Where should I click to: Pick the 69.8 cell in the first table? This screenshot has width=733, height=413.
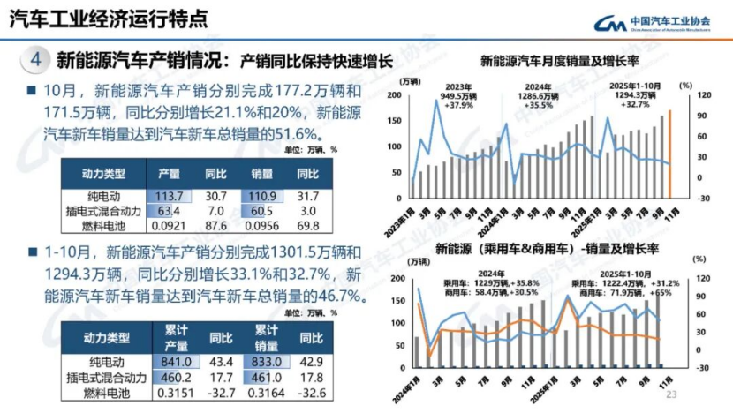[x=307, y=225]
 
